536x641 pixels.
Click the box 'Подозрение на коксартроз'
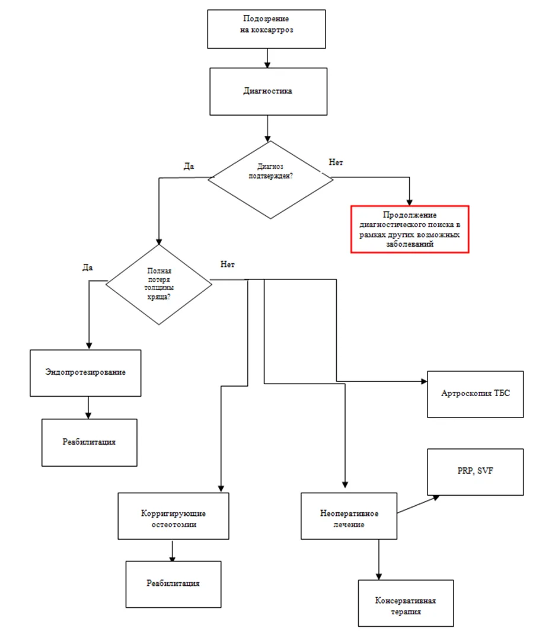click(266, 29)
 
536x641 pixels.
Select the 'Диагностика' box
click(268, 91)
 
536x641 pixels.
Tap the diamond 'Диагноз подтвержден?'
click(270, 180)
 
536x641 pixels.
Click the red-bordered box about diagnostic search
click(410, 229)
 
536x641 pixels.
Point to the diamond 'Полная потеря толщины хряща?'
click(159, 285)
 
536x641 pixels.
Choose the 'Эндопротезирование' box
click(85, 373)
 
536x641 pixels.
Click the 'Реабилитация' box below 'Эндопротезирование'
click(89, 442)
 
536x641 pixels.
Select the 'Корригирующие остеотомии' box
click(173, 516)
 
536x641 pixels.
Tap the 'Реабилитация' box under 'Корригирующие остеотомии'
click(173, 584)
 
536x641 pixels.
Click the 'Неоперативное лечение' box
click(349, 516)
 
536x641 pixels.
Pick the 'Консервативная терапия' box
click(406, 603)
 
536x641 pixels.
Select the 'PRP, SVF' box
click(475, 472)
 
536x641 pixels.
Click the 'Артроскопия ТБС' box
click(475, 394)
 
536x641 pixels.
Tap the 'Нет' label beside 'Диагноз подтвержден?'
click(336, 162)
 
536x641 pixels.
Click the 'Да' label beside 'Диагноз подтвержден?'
click(189, 166)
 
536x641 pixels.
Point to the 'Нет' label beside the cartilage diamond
click(227, 264)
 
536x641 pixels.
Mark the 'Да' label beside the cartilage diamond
click(88, 267)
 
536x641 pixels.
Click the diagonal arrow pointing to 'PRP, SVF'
click(418, 505)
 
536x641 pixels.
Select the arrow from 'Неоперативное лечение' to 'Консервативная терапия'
click(379, 559)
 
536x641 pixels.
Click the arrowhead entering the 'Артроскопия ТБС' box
click(425, 381)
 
